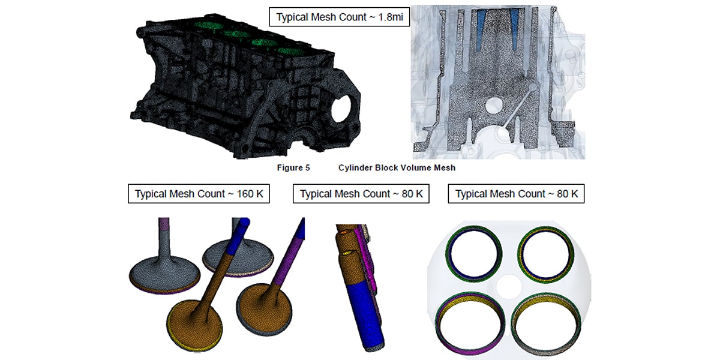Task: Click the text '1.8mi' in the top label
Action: point(391,17)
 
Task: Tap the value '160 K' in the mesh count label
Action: point(250,194)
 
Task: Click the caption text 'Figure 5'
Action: point(293,168)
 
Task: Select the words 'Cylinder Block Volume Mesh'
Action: point(397,168)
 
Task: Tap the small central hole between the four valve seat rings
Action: point(509,286)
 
